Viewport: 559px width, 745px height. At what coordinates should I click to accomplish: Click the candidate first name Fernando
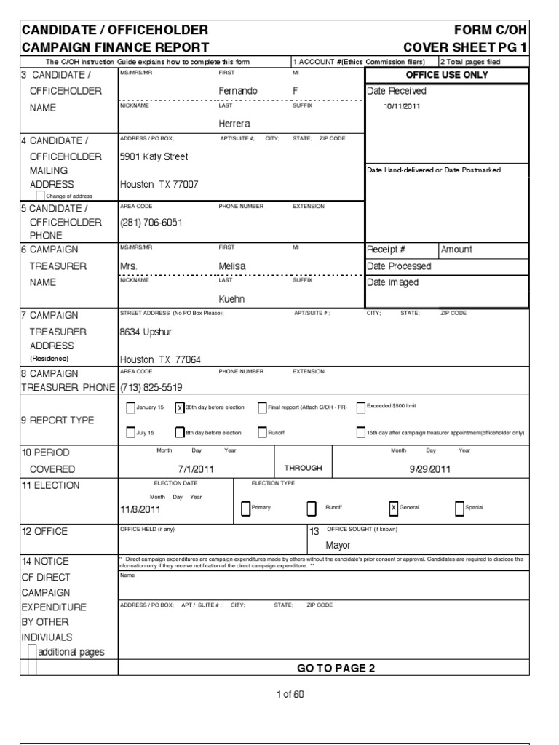[x=238, y=91]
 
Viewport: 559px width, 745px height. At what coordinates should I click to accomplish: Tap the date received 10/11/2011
[x=401, y=106]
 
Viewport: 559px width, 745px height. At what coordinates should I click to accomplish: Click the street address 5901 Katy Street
[x=154, y=156]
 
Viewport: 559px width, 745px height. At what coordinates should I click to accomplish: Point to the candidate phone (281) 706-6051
[x=151, y=222]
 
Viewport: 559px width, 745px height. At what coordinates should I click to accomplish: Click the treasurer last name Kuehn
[x=232, y=299]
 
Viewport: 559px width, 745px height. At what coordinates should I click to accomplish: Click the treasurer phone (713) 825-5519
[x=151, y=387]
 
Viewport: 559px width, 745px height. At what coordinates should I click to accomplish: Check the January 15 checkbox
[x=131, y=407]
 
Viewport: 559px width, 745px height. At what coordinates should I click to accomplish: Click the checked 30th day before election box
[x=180, y=407]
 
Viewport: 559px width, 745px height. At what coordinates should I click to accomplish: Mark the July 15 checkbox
[x=131, y=433]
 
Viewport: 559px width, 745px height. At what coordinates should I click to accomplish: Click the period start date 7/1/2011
[x=195, y=469]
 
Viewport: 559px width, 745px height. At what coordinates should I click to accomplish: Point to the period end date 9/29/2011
[x=430, y=469]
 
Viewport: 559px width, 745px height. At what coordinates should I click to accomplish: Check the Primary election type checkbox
[x=245, y=508]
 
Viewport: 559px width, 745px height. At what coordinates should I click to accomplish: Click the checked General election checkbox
[x=394, y=508]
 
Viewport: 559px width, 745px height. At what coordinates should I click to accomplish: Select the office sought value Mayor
[x=338, y=545]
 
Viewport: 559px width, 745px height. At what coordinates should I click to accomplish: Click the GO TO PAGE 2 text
[x=336, y=669]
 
